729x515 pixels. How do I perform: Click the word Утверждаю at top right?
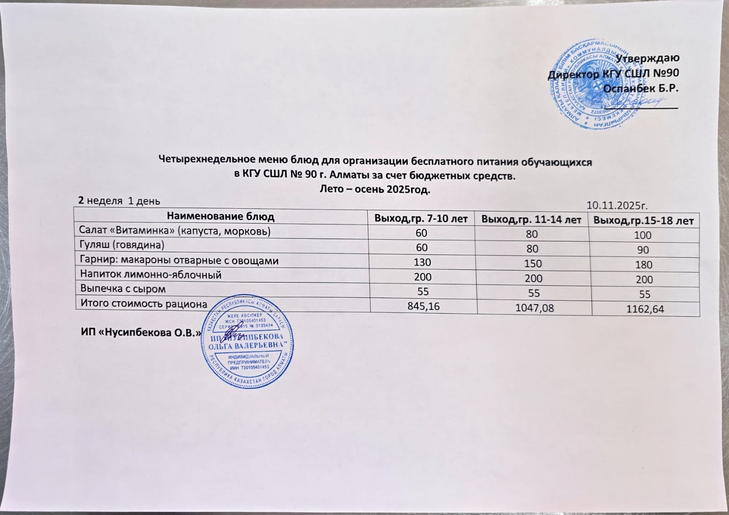647,58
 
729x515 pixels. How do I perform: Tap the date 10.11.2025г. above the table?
617,205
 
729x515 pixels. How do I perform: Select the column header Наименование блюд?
221,216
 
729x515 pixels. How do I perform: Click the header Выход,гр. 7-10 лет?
421,219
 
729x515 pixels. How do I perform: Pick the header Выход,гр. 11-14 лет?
531,220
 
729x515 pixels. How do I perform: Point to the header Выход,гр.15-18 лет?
643,221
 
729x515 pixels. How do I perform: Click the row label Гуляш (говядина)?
122,245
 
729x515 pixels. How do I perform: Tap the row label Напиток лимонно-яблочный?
151,275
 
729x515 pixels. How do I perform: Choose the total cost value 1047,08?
534,308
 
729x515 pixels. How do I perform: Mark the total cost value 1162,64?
645,309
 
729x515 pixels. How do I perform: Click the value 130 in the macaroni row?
422,263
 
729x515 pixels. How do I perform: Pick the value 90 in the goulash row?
643,250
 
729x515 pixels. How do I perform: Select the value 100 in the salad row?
643,236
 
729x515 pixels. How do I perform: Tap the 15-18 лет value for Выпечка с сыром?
644,294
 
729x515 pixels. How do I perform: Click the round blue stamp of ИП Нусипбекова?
247,341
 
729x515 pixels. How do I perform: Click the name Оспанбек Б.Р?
641,88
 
